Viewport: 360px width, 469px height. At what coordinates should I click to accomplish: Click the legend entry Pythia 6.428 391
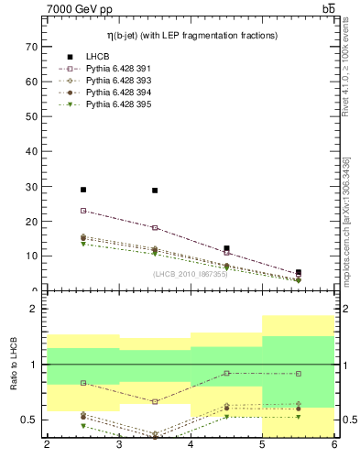coord(115,69)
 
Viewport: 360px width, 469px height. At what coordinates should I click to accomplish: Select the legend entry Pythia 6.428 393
coord(115,81)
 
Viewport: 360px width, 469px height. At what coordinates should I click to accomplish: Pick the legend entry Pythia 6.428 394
coord(115,93)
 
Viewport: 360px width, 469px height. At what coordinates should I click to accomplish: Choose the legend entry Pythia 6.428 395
coord(115,104)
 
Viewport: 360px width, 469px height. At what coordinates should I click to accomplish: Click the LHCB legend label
coord(96,57)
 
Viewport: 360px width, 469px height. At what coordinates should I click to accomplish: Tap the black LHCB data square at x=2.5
coord(83,190)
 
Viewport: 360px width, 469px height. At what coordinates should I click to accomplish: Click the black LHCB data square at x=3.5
coord(155,191)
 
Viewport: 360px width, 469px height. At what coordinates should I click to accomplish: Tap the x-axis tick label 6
coord(333,446)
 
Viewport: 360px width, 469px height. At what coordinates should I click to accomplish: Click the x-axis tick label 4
coord(191,446)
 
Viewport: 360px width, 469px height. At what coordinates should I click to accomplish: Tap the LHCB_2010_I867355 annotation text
coord(191,273)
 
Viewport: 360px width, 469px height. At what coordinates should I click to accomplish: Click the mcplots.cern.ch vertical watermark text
coord(345,211)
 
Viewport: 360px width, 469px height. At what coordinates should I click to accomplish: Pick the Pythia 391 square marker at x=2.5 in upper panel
coord(83,211)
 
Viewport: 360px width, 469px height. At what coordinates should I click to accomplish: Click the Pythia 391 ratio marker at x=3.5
coord(155,401)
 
